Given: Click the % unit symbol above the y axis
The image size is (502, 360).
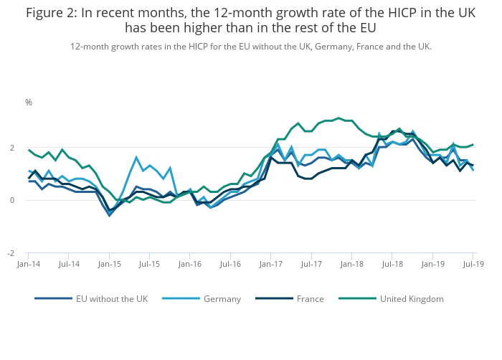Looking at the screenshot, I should [29, 103].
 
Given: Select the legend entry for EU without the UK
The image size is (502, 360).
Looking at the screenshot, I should [111, 298].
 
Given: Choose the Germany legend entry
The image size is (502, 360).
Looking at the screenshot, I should [222, 298].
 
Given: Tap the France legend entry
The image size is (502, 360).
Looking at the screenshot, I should [310, 298].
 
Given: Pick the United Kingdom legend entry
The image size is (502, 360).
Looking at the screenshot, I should [412, 298].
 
